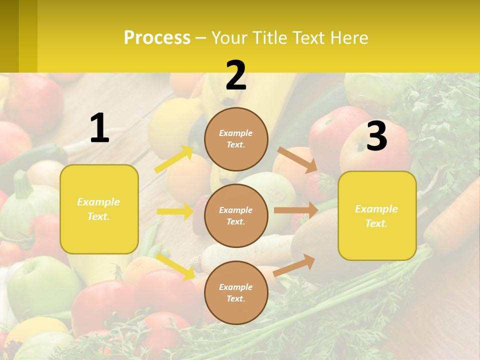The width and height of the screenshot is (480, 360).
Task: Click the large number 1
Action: [x=99, y=128]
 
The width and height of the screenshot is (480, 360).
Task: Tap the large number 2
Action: [x=236, y=75]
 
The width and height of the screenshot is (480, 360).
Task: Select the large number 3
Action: [x=376, y=136]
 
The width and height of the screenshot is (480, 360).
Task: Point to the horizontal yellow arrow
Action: [x=175, y=211]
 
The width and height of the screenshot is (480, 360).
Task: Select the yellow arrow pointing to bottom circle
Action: [x=175, y=266]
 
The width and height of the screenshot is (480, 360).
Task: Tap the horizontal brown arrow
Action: [x=296, y=210]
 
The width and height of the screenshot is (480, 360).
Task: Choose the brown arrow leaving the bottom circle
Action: [x=294, y=264]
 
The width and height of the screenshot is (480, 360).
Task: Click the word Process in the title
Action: [x=157, y=37]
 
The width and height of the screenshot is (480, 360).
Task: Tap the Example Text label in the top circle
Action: [x=236, y=139]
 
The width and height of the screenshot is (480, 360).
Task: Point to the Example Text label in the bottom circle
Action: [x=236, y=293]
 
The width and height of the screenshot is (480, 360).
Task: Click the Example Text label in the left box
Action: [x=99, y=209]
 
